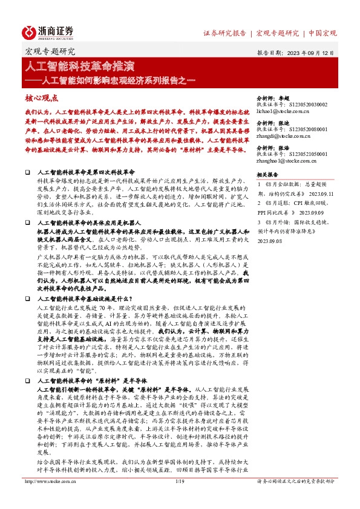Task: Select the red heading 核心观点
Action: [x=41, y=97]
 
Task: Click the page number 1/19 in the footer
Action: [x=179, y=499]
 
